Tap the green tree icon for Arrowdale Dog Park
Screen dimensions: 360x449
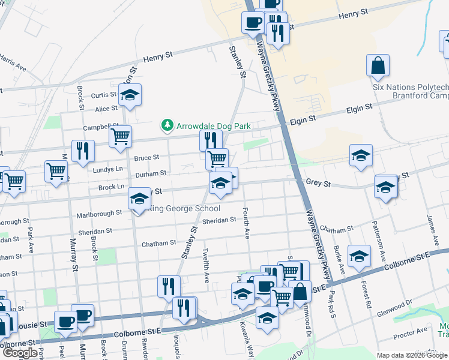tap(167, 125)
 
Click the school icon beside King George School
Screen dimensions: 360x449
tap(139, 198)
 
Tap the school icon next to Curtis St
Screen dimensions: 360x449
tap(129, 95)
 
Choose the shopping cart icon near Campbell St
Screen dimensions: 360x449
tap(120, 137)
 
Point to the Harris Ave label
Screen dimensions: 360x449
tap(13, 62)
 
